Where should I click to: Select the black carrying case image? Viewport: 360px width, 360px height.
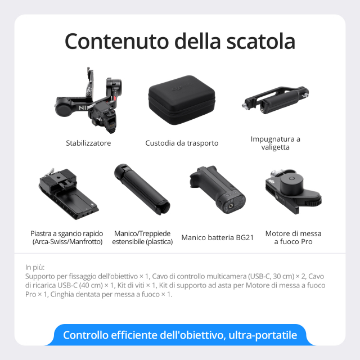pos(182,101)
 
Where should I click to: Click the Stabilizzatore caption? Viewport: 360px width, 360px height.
pos(88,143)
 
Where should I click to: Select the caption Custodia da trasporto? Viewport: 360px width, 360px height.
pos(182,143)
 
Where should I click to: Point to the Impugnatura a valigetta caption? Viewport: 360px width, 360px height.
pos(276,143)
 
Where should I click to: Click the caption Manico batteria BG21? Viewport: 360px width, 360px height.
pos(218,238)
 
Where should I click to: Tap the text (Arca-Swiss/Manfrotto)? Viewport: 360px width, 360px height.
pos(66,242)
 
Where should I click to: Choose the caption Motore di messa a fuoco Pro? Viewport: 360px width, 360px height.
pos(293,237)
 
